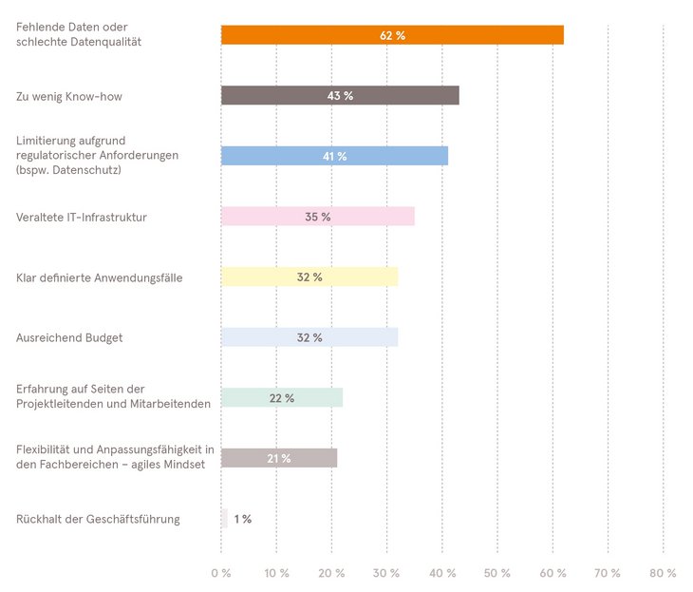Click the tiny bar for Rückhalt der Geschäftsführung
click(224, 519)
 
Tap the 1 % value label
click(242, 519)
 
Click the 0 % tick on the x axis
click(220, 573)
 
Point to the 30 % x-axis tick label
click(386, 573)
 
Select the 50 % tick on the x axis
click(496, 573)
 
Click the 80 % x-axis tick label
click(663, 573)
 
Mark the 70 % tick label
click(608, 573)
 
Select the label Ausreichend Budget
click(69, 337)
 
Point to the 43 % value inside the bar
click(340, 96)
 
